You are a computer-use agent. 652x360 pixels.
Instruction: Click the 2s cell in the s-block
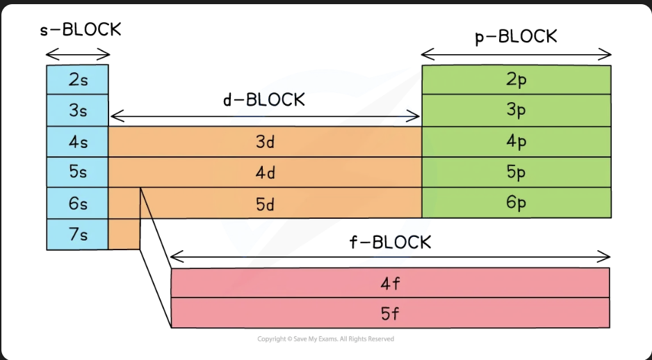pos(77,79)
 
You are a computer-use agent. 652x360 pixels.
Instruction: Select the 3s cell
pos(77,111)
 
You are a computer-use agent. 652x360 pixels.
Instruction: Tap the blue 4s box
pos(77,142)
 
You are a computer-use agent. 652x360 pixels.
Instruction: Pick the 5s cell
pos(77,172)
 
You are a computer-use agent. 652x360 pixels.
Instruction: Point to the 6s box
pos(77,203)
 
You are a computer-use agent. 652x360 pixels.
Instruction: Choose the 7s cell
pos(77,234)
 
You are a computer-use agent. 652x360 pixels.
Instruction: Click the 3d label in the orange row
pos(266,142)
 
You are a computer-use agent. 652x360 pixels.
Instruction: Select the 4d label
pos(266,172)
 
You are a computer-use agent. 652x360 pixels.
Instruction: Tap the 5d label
pos(266,204)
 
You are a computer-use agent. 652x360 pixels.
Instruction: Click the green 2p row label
pos(516,79)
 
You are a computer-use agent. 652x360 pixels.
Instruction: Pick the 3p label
pos(516,110)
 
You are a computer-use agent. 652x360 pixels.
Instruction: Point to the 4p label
pos(516,142)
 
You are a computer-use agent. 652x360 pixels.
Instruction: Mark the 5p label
pos(516,172)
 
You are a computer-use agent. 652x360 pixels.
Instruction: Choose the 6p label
pos(516,203)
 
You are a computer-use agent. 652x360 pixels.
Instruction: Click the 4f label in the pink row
pos(390,284)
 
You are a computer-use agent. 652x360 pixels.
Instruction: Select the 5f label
pos(390,314)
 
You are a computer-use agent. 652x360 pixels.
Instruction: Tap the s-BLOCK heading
pos(81,30)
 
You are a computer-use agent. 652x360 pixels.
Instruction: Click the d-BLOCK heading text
pos(264,100)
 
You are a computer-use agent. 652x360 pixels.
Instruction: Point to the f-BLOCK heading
pos(391,242)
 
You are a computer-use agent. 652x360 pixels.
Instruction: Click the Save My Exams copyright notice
pos(325,338)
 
